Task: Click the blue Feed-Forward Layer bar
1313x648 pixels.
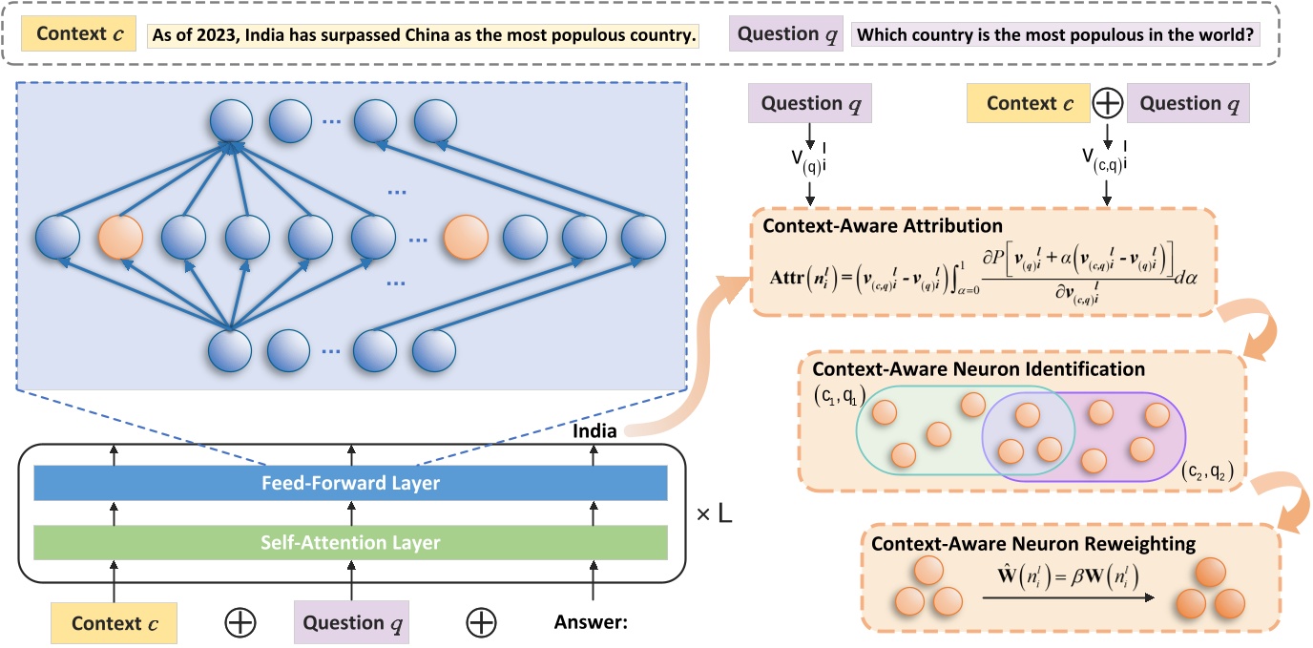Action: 350,483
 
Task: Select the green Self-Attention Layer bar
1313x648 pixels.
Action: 350,542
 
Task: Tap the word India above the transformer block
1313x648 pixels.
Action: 594,431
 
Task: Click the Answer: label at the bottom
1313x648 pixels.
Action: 591,623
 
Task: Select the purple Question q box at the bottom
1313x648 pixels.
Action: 350,622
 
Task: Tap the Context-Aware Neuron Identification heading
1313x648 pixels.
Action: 978,368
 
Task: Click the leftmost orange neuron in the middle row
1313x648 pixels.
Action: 120,239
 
